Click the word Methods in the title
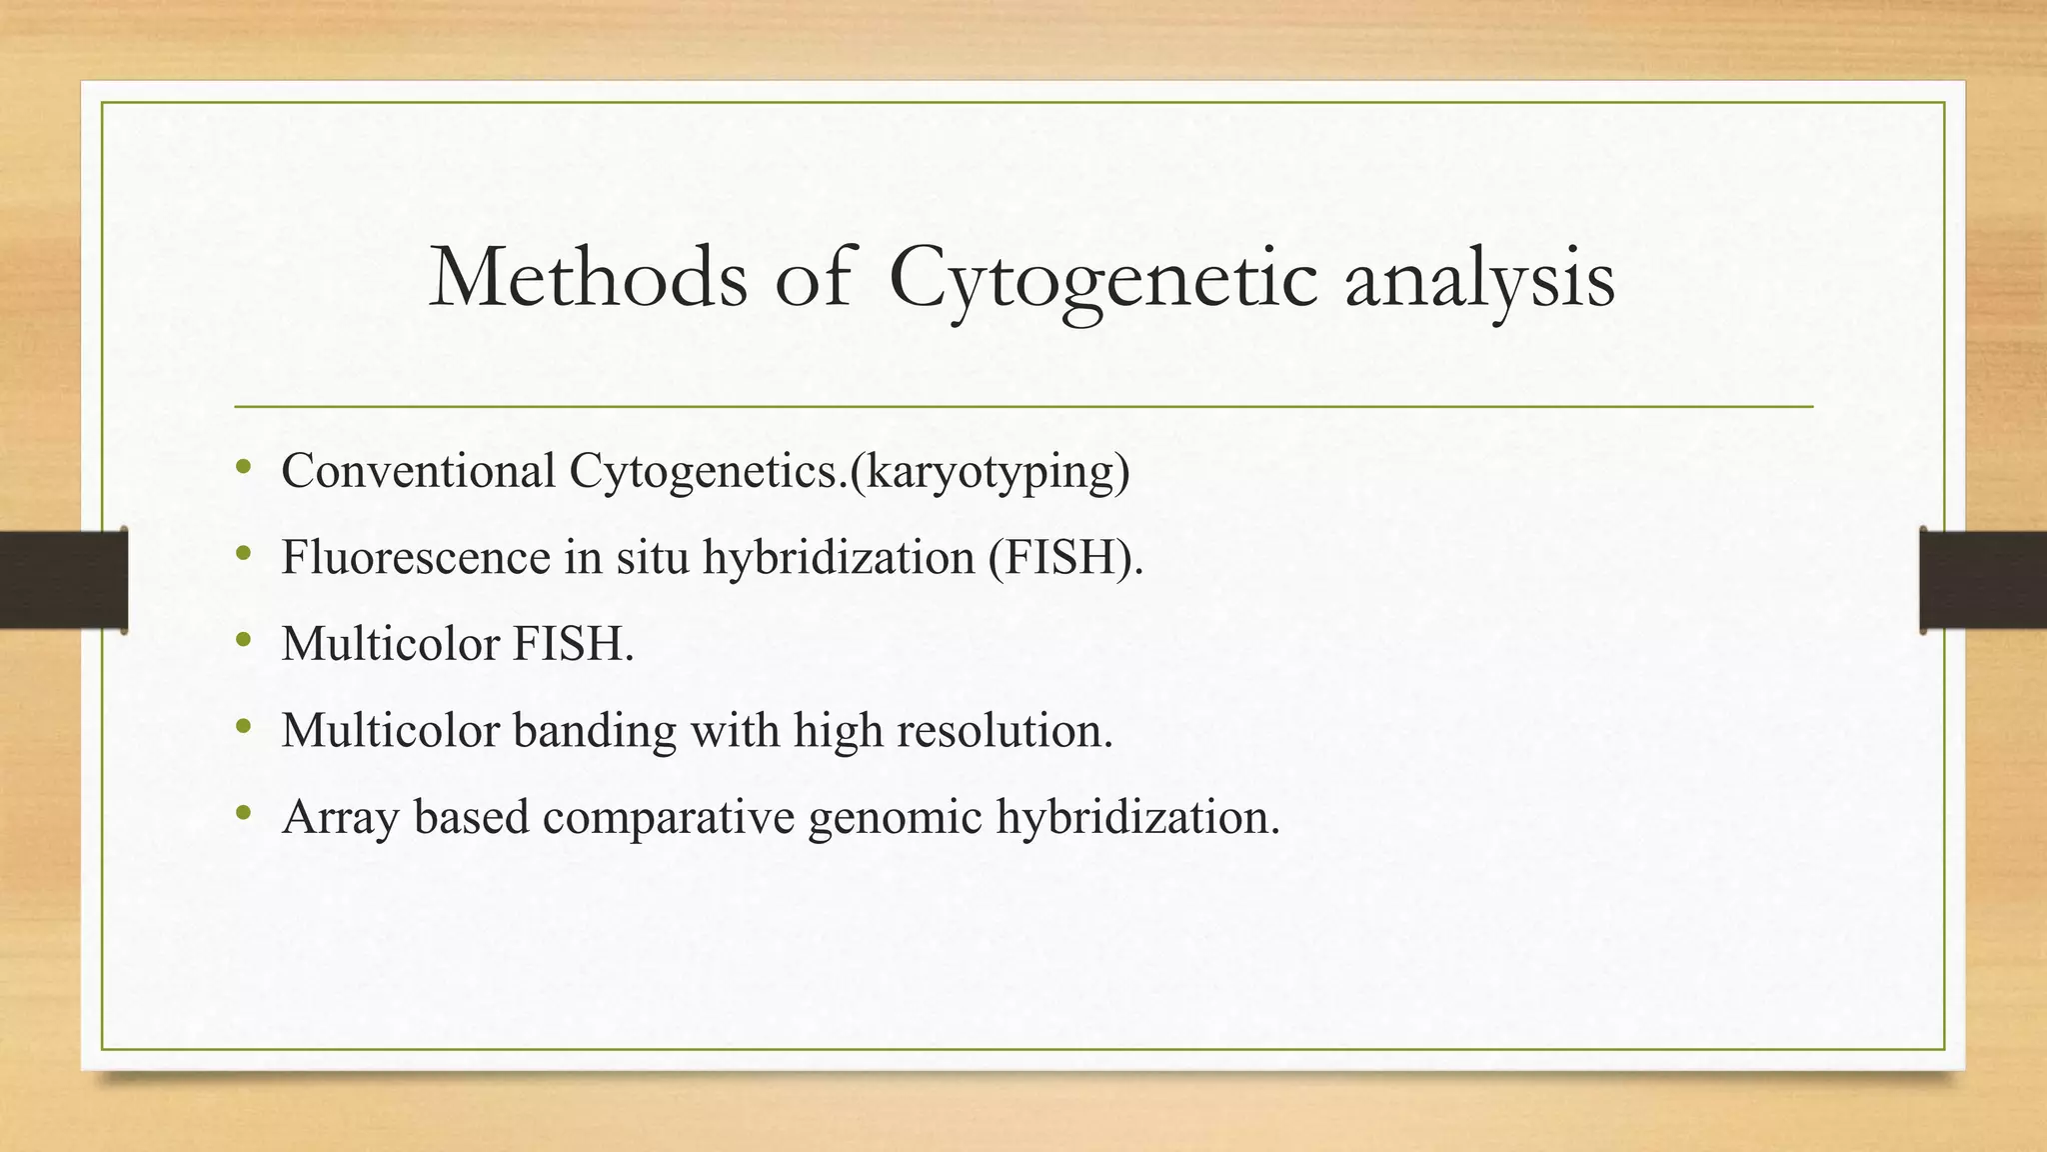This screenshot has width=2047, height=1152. (588, 277)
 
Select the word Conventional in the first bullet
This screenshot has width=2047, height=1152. (418, 470)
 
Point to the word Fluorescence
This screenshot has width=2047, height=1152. (415, 557)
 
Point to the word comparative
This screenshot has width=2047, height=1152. (669, 818)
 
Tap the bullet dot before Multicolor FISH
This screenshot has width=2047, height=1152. (244, 640)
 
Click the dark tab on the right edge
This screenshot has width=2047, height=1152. (1983, 580)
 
